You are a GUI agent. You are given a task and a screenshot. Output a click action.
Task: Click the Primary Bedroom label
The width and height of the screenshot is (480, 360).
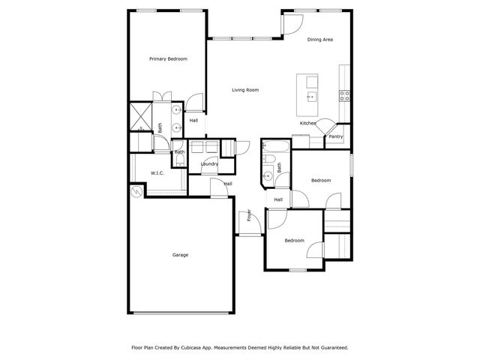coord(168,58)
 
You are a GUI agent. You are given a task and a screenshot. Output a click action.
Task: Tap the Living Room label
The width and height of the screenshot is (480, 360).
coord(245,90)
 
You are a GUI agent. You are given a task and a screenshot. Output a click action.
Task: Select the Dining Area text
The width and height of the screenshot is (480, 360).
coord(320,39)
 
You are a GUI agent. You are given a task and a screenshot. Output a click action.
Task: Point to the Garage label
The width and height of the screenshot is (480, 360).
coord(180,255)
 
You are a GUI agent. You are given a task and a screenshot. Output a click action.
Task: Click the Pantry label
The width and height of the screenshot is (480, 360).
coord(336,136)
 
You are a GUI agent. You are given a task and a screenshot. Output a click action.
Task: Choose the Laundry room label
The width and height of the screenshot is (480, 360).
coord(209,163)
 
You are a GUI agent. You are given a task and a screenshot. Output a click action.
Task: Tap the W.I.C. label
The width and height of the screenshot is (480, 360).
coord(157,173)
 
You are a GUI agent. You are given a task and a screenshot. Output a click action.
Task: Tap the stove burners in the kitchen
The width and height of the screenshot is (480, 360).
coord(345,95)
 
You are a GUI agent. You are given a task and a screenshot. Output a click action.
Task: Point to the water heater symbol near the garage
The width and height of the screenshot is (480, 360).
coord(136,192)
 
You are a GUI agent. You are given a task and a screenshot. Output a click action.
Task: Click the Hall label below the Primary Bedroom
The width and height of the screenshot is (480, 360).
coord(193,120)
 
